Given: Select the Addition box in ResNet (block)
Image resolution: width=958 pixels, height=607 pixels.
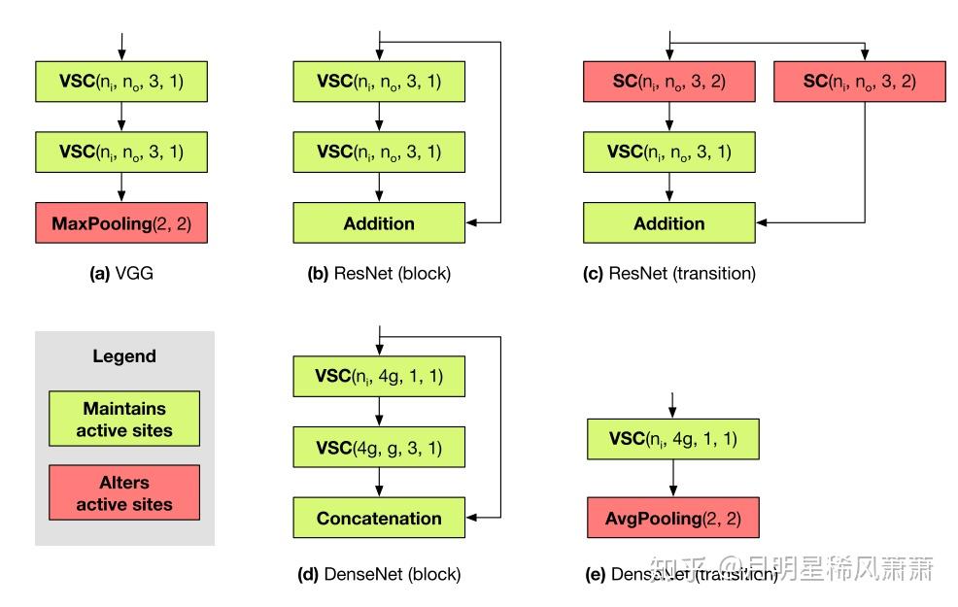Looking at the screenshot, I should tap(379, 223).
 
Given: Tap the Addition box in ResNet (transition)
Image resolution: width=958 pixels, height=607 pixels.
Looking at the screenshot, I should tap(668, 223).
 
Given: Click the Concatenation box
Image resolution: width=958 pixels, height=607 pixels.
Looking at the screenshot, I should tap(379, 519).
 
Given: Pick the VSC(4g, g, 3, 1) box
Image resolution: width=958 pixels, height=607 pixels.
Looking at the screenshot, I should tap(379, 449).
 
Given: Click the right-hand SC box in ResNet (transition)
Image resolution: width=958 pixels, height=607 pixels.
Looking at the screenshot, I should tap(859, 81).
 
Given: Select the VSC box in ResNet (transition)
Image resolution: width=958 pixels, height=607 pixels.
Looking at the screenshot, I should tap(668, 152).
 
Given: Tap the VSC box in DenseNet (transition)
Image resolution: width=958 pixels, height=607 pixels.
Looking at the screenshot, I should tap(672, 439).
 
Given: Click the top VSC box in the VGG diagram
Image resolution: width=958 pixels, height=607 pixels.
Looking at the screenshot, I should tap(121, 82).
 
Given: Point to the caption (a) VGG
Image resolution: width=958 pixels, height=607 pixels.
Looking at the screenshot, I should tap(121, 274).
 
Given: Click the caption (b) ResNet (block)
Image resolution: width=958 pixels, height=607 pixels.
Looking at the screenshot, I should tap(379, 274).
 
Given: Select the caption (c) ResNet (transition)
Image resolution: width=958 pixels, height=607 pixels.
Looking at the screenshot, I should tap(668, 274).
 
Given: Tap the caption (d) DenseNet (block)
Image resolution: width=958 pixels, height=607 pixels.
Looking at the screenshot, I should tap(379, 574).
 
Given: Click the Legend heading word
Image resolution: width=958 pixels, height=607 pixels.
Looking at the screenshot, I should tap(124, 356).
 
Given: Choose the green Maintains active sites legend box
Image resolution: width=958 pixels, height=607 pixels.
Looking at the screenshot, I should tap(124, 419).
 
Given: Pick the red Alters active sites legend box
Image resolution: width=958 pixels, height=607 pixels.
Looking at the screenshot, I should tap(124, 492).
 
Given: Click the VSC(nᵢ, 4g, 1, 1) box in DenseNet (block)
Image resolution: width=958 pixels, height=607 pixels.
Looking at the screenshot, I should tap(379, 376).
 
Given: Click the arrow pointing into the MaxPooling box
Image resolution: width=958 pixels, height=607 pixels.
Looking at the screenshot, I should tap(121, 187).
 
